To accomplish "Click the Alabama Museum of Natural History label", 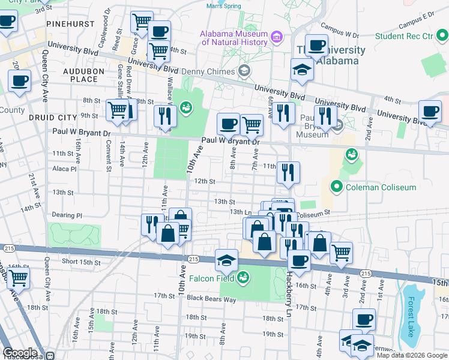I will pos(234,38).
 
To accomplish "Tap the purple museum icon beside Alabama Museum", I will pos(277,38).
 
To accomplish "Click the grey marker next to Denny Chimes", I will pos(244,72).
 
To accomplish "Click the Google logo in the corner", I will pos(20,353).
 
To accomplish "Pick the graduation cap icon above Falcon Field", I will pos(226,260).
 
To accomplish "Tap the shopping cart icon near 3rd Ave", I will pos(341,252).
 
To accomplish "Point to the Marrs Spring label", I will pos(223,7).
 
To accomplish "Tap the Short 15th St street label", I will pos(81,262).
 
